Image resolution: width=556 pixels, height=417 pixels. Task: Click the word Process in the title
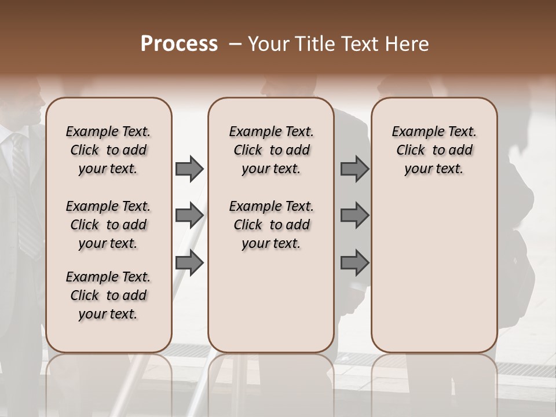(x=179, y=44)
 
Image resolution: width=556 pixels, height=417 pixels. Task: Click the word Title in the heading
(x=312, y=44)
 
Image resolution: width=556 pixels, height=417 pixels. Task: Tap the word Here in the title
(x=408, y=44)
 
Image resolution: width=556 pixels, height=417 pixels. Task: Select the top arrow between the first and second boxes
(x=189, y=169)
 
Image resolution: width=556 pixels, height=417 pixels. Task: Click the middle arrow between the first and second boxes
(x=189, y=215)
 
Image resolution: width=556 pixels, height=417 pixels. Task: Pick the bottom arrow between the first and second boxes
(x=189, y=264)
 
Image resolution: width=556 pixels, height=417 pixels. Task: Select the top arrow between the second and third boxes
(x=354, y=169)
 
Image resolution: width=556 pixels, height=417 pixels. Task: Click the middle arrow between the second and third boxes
(x=354, y=215)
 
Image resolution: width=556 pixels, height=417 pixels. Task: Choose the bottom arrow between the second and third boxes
(x=354, y=264)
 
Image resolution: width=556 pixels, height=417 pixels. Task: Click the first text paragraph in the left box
(x=108, y=150)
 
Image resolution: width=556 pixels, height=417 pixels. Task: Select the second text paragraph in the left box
(x=108, y=225)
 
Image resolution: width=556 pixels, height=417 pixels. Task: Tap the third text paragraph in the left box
(x=108, y=295)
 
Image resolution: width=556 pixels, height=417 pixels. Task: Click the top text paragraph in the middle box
(x=271, y=150)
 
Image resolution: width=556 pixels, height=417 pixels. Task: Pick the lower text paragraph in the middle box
(x=271, y=225)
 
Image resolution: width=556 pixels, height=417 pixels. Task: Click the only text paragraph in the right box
(x=434, y=150)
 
